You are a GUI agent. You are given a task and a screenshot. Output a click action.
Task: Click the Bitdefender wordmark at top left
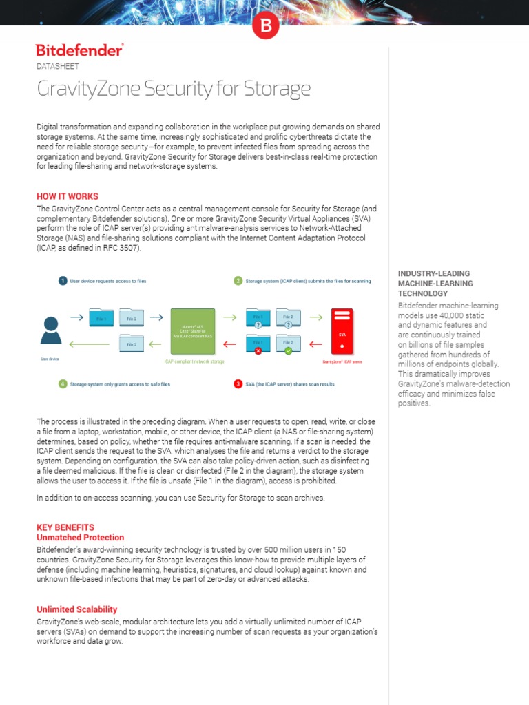[x=79, y=50]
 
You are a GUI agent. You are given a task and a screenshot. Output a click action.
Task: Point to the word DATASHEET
[x=57, y=66]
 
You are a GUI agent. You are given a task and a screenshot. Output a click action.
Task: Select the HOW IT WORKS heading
[x=68, y=196]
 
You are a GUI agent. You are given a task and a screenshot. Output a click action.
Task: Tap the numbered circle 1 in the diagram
[x=63, y=281]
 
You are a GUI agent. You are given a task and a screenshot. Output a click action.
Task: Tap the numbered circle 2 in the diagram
[x=238, y=281]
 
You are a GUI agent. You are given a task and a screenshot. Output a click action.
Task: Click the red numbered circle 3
[x=238, y=383]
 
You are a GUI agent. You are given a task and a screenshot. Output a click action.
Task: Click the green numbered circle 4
[x=63, y=383]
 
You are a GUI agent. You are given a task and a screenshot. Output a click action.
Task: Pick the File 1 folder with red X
[x=257, y=343]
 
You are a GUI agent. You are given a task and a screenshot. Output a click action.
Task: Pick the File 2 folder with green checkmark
[x=288, y=343]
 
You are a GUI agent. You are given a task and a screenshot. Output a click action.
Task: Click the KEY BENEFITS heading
[x=65, y=527]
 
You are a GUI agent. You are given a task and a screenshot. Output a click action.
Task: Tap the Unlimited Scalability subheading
[x=76, y=609]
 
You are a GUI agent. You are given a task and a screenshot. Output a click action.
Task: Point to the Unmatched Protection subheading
[x=80, y=537]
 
